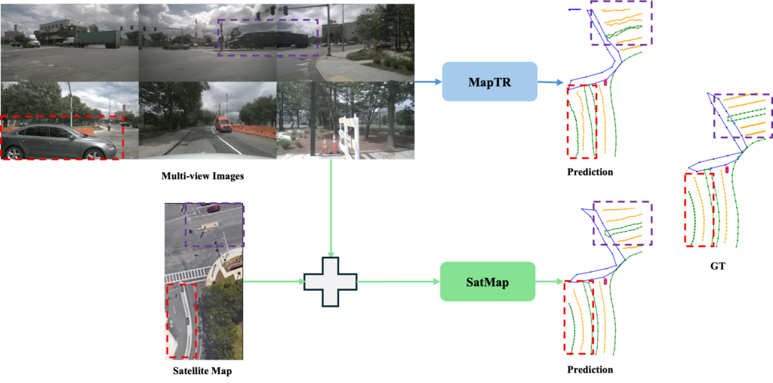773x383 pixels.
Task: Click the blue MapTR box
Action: [489, 82]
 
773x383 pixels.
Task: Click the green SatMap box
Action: [488, 282]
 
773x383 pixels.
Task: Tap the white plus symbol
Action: [330, 282]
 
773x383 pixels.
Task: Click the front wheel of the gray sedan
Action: [94, 154]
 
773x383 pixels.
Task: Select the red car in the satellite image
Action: [214, 208]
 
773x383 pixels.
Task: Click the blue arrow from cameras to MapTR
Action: [428, 82]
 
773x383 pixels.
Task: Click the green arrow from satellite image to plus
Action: [273, 283]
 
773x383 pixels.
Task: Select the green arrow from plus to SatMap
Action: [398, 282]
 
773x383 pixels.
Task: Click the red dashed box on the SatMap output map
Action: [580, 317]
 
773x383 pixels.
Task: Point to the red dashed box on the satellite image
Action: [181, 320]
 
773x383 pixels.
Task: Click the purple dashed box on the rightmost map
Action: [743, 116]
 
